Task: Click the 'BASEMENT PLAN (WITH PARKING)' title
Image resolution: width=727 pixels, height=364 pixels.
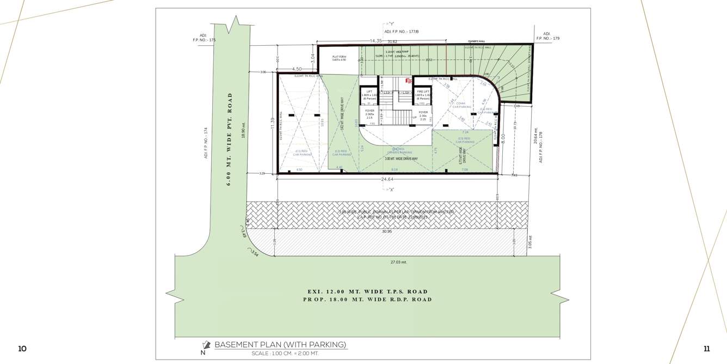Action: coord(280,344)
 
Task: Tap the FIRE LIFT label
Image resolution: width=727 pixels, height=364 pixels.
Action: coord(423,92)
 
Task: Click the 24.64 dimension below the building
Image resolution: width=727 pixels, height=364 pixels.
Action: coord(387,179)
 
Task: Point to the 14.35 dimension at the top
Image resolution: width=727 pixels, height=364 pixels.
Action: coord(376,41)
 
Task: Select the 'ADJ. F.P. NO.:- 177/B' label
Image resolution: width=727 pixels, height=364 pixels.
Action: coord(401,32)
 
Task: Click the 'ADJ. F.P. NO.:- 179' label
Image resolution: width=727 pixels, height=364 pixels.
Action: coord(547,36)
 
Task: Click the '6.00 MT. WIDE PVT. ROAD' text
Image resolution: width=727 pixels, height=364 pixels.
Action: coord(229,139)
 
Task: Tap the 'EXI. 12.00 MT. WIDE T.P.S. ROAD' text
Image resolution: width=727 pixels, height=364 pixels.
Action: coord(367,292)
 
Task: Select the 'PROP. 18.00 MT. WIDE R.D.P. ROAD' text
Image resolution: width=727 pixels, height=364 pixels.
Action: coord(367,299)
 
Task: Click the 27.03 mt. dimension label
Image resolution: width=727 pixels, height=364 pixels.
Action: coord(398,262)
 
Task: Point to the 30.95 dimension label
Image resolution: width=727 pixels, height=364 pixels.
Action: coord(387,231)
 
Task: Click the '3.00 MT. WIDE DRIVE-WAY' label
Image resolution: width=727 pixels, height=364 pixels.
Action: coord(401,159)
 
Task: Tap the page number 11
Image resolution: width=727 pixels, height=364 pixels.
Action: coord(706,349)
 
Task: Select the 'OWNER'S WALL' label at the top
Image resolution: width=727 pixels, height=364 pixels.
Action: coord(476,41)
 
